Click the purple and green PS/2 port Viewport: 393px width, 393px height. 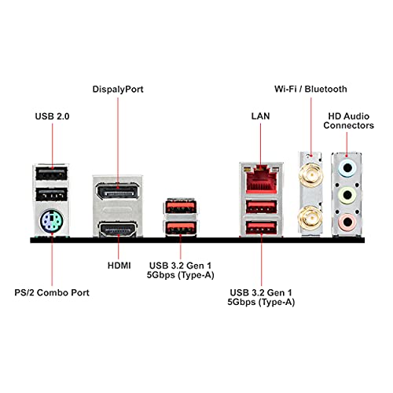52,221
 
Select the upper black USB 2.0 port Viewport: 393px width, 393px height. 51,174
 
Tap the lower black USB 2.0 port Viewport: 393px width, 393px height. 51,195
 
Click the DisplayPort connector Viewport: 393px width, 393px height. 117,192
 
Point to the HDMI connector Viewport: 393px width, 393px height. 118,229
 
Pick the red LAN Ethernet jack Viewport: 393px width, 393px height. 261,179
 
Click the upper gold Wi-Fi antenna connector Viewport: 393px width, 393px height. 311,174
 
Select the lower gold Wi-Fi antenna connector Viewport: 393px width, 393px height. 311,218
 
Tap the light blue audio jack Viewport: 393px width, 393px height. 347,167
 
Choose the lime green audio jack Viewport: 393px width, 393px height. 347,195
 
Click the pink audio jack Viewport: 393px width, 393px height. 347,222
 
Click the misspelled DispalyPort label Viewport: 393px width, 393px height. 118,90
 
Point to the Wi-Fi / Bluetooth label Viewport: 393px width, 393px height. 310,89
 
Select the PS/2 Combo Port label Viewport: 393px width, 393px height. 52,292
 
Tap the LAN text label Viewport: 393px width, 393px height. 260,116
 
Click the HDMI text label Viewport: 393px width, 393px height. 119,266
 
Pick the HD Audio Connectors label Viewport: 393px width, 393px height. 348,121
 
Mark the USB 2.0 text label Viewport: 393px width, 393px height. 52,116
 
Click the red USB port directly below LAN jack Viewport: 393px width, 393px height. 261,207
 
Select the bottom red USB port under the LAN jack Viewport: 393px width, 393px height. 261,228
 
